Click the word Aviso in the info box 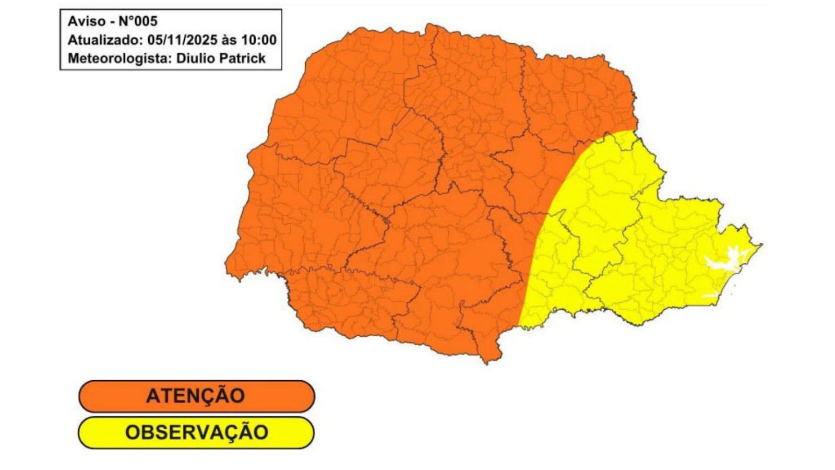(87, 21)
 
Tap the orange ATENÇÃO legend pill (196, 396)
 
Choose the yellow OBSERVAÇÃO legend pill (196, 432)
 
